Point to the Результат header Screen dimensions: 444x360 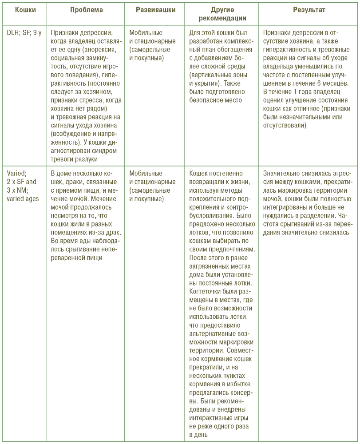pos(309,10)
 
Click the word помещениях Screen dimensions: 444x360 pos(70,232)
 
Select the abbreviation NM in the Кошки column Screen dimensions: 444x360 pos(23,190)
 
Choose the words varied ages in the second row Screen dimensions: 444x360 pos(23,198)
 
